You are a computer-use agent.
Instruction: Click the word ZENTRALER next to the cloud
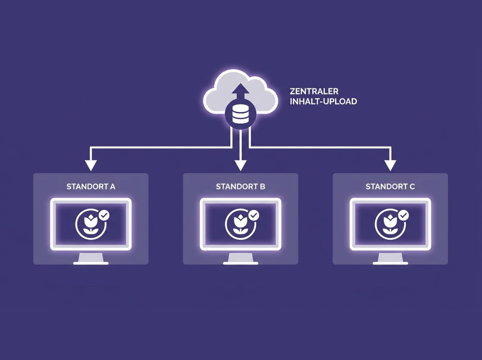(314, 91)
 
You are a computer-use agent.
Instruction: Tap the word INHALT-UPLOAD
(323, 102)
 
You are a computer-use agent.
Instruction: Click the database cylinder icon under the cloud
(241, 114)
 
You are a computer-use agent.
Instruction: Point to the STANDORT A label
(91, 187)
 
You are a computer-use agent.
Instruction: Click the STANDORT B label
(241, 187)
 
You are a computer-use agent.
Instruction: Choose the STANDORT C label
(390, 187)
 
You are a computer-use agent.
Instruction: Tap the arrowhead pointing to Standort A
(91, 166)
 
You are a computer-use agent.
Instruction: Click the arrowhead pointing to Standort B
(241, 166)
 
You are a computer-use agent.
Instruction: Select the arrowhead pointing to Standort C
(390, 166)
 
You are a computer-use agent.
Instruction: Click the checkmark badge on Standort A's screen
(104, 215)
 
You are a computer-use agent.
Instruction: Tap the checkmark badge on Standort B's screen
(254, 215)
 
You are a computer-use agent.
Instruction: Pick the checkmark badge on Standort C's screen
(404, 215)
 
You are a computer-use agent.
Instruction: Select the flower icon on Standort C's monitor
(390, 225)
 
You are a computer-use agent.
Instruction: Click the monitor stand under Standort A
(91, 259)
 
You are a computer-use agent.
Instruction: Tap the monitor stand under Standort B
(241, 259)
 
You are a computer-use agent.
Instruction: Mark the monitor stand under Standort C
(390, 259)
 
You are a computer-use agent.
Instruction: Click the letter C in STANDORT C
(412, 187)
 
